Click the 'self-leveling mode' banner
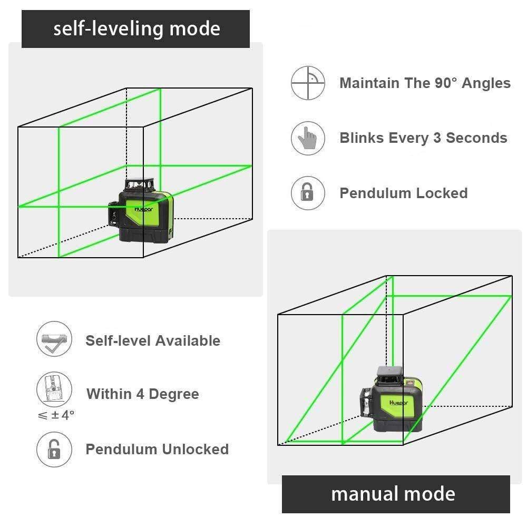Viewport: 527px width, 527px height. [x=135, y=28]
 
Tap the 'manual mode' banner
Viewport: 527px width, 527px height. [x=395, y=494]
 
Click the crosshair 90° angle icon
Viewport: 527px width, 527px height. [x=308, y=83]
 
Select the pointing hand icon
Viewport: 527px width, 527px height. [x=308, y=138]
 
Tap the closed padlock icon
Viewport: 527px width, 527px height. [x=308, y=193]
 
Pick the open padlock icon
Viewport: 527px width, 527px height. [x=53, y=449]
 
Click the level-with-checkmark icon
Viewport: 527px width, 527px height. [x=53, y=340]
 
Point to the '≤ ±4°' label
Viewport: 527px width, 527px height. [x=56, y=415]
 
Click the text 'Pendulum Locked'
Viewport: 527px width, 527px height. [x=404, y=193]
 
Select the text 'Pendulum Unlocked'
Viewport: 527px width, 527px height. [x=157, y=450]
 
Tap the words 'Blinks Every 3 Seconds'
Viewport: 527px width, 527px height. [x=423, y=138]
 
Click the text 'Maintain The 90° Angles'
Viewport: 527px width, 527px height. [x=425, y=83]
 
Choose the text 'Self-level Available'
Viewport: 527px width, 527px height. [x=153, y=341]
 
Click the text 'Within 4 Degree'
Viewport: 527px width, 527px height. [x=142, y=394]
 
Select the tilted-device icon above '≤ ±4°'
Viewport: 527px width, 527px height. [x=53, y=389]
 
